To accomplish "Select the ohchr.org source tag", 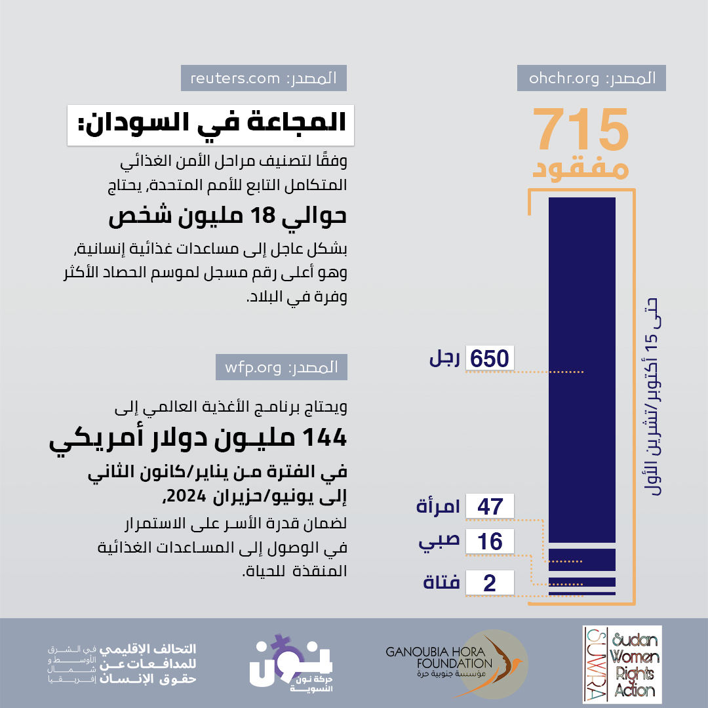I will pos(591,79).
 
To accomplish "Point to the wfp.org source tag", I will pos(281,367).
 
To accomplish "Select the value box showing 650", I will pos(489,359).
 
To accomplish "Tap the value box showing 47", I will pos(489,506).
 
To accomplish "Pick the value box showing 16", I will pos(489,541).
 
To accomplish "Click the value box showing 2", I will pos(489,583).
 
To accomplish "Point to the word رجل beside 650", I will pos(445,359).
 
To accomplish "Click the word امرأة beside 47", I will pos(438,507).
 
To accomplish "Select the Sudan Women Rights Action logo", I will pos(622,664).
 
